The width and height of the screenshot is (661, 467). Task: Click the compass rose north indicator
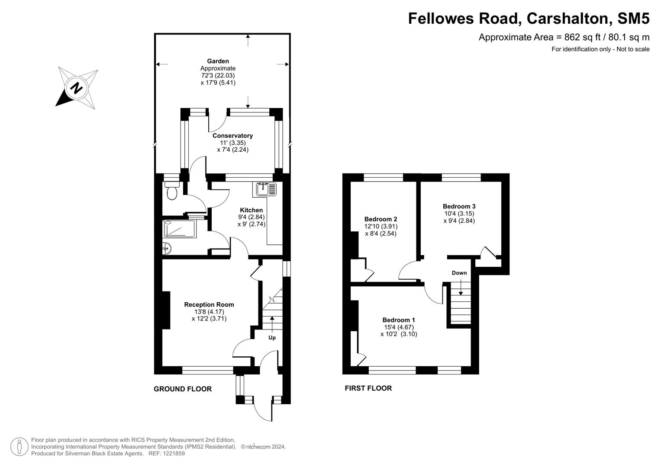point(77,88)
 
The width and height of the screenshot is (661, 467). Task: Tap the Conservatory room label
point(232,136)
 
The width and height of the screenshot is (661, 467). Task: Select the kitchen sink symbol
point(266,189)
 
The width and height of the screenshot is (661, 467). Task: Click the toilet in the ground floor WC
point(172,191)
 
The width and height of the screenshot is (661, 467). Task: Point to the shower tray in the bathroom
point(179,229)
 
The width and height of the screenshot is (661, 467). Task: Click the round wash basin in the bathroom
point(167,248)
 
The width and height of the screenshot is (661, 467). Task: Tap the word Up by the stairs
point(272,338)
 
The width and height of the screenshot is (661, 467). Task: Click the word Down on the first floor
point(459,273)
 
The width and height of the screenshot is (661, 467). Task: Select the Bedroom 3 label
point(459,206)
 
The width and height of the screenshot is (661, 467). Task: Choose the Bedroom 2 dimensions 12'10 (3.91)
point(380,226)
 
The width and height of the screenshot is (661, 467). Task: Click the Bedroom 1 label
point(399,320)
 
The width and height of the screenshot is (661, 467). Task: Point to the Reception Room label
point(209,304)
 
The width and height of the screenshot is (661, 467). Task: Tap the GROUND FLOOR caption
point(183,389)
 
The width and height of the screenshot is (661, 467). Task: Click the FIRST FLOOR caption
point(368,388)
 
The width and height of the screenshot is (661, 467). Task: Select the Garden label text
point(218,61)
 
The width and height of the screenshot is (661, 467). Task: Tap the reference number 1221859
point(173,454)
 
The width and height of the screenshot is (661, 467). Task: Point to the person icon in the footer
point(19,446)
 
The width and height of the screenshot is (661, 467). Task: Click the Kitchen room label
point(251,210)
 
